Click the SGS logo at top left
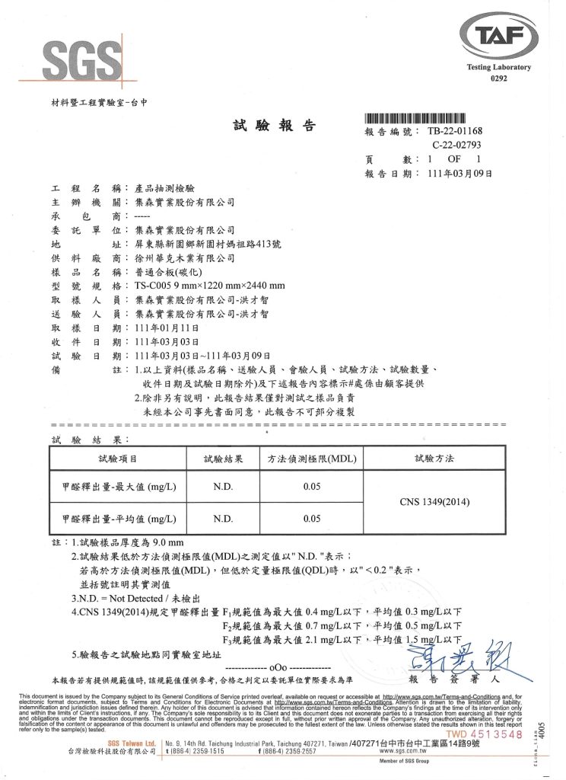coord(84,60)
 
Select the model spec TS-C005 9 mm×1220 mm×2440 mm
coord(209,286)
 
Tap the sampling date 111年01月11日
coord(167,327)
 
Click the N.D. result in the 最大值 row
coord(223,486)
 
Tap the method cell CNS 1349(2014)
coord(434,502)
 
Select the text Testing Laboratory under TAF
coord(498,68)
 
